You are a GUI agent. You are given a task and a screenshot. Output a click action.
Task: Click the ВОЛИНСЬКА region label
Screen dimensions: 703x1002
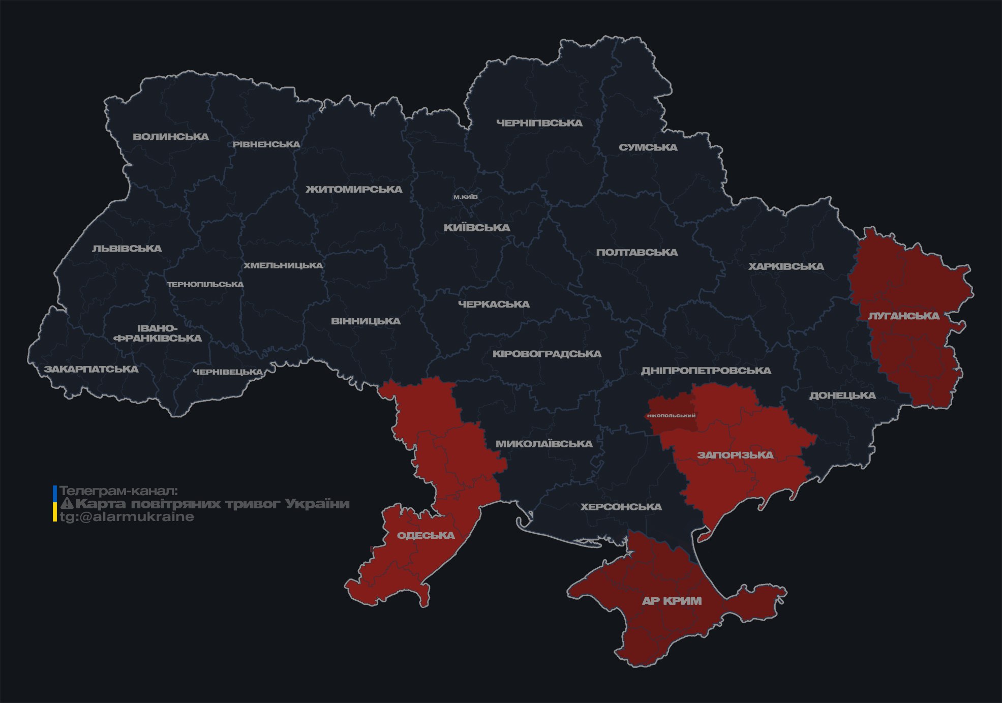tap(171, 137)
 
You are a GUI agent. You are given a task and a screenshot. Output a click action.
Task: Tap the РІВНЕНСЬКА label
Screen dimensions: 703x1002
tap(266, 144)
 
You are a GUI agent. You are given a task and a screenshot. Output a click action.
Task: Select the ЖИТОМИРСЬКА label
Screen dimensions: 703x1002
tap(354, 190)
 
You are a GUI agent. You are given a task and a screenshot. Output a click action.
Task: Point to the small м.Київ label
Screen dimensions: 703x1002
tap(466, 197)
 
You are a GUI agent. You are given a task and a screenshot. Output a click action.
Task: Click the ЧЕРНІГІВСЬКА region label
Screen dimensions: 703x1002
tap(539, 123)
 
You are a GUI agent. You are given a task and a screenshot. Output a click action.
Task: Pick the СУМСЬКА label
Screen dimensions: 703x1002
tap(648, 147)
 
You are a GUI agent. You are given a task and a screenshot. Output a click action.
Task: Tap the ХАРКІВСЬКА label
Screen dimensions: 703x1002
tap(786, 266)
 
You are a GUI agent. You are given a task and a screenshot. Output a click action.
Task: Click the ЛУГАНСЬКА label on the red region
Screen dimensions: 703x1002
tap(904, 316)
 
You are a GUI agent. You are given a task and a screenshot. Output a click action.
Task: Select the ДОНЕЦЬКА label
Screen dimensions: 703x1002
tap(842, 395)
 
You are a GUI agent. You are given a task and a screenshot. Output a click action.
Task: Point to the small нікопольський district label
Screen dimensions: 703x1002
tap(671, 416)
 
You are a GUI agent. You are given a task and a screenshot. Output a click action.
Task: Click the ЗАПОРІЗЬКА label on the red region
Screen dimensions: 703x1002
tap(735, 455)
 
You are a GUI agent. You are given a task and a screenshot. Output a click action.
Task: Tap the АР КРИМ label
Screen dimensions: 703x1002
tap(672, 601)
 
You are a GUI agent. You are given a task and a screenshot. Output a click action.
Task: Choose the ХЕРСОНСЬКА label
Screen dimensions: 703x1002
tap(621, 507)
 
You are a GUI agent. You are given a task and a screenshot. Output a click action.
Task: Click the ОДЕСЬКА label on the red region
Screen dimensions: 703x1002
tap(426, 535)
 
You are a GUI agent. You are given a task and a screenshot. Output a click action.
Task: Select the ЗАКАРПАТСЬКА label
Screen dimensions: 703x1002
tap(91, 369)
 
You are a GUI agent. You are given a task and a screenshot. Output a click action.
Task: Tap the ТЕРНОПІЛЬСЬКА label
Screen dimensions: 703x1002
tap(205, 284)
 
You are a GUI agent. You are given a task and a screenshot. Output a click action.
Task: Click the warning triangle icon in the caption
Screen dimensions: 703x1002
tap(67, 504)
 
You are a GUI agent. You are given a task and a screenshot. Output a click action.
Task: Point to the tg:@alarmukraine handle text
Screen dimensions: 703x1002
tap(127, 517)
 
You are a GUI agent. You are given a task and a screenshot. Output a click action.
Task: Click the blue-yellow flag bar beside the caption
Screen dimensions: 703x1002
tap(55, 503)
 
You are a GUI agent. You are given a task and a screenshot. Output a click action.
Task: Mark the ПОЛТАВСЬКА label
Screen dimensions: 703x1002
tap(637, 253)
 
